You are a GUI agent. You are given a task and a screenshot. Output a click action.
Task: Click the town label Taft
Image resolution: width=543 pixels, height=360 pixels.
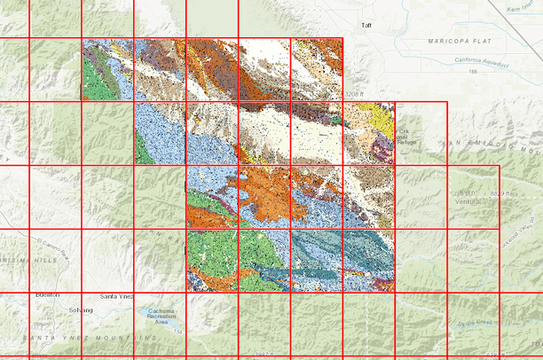point(367,26)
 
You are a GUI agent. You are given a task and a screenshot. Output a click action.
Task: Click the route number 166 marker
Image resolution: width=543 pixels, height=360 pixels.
point(473,71)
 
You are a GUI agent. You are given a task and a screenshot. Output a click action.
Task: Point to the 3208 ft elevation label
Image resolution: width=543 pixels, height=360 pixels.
point(355,94)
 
